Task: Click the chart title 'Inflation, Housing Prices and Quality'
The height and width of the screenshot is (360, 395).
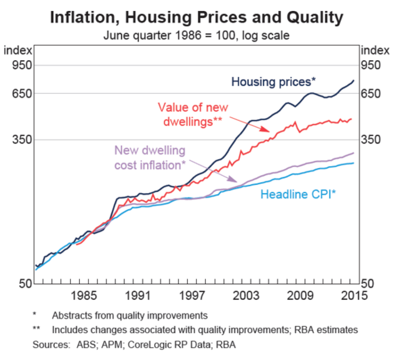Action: (197, 16)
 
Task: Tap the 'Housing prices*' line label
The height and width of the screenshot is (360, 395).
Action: (274, 81)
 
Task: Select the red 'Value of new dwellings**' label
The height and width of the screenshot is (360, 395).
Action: (193, 114)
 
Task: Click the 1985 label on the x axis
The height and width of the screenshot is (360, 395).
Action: (85, 295)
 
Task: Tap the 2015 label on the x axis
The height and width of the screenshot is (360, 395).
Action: (354, 295)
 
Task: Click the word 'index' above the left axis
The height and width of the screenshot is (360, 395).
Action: (19, 51)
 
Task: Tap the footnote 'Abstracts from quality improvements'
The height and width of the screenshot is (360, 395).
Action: (129, 315)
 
